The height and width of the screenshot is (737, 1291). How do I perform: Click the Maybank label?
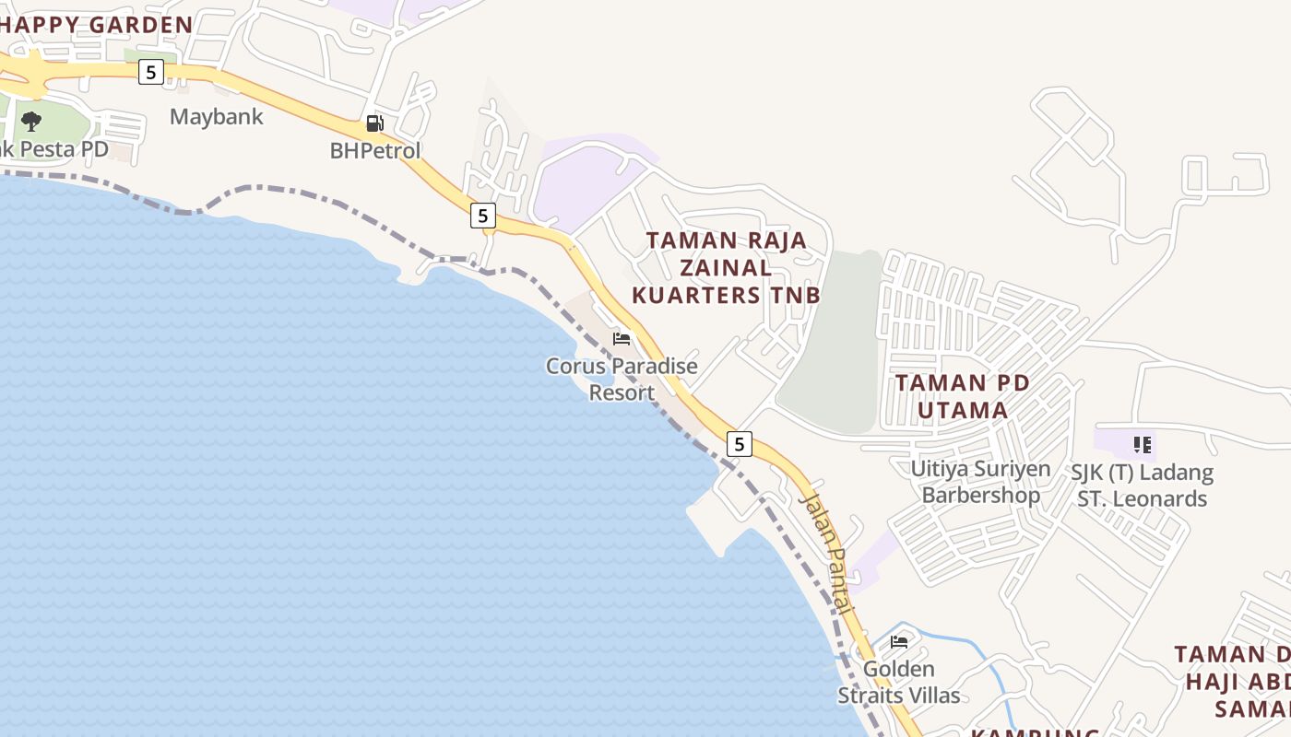[x=216, y=117]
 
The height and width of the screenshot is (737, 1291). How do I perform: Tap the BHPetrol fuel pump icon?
[x=374, y=123]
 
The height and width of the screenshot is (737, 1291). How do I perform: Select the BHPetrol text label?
[x=375, y=150]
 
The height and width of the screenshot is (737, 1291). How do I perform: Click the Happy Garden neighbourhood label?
[x=96, y=25]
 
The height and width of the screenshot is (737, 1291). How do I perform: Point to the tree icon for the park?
[x=31, y=121]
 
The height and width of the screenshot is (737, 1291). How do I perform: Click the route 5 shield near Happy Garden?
[x=151, y=71]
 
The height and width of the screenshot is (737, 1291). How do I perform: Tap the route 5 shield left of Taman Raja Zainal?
[x=482, y=216]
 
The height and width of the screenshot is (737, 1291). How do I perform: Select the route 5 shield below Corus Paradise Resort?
[x=739, y=444]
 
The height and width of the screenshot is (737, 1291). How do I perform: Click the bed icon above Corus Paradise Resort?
[x=622, y=339]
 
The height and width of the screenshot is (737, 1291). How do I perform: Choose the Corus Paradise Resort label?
[x=622, y=379]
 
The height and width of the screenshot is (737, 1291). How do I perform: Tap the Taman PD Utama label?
[x=962, y=396]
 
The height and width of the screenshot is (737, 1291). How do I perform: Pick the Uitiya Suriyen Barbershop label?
[x=980, y=482]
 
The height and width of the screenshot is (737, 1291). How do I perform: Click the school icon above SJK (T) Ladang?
[x=1143, y=446]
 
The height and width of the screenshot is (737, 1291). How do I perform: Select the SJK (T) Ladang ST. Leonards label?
[x=1142, y=485]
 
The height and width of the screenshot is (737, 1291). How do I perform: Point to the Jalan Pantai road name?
[x=826, y=553]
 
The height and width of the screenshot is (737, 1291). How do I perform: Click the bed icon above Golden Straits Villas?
[x=899, y=641]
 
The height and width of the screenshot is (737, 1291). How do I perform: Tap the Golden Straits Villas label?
[x=898, y=682]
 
